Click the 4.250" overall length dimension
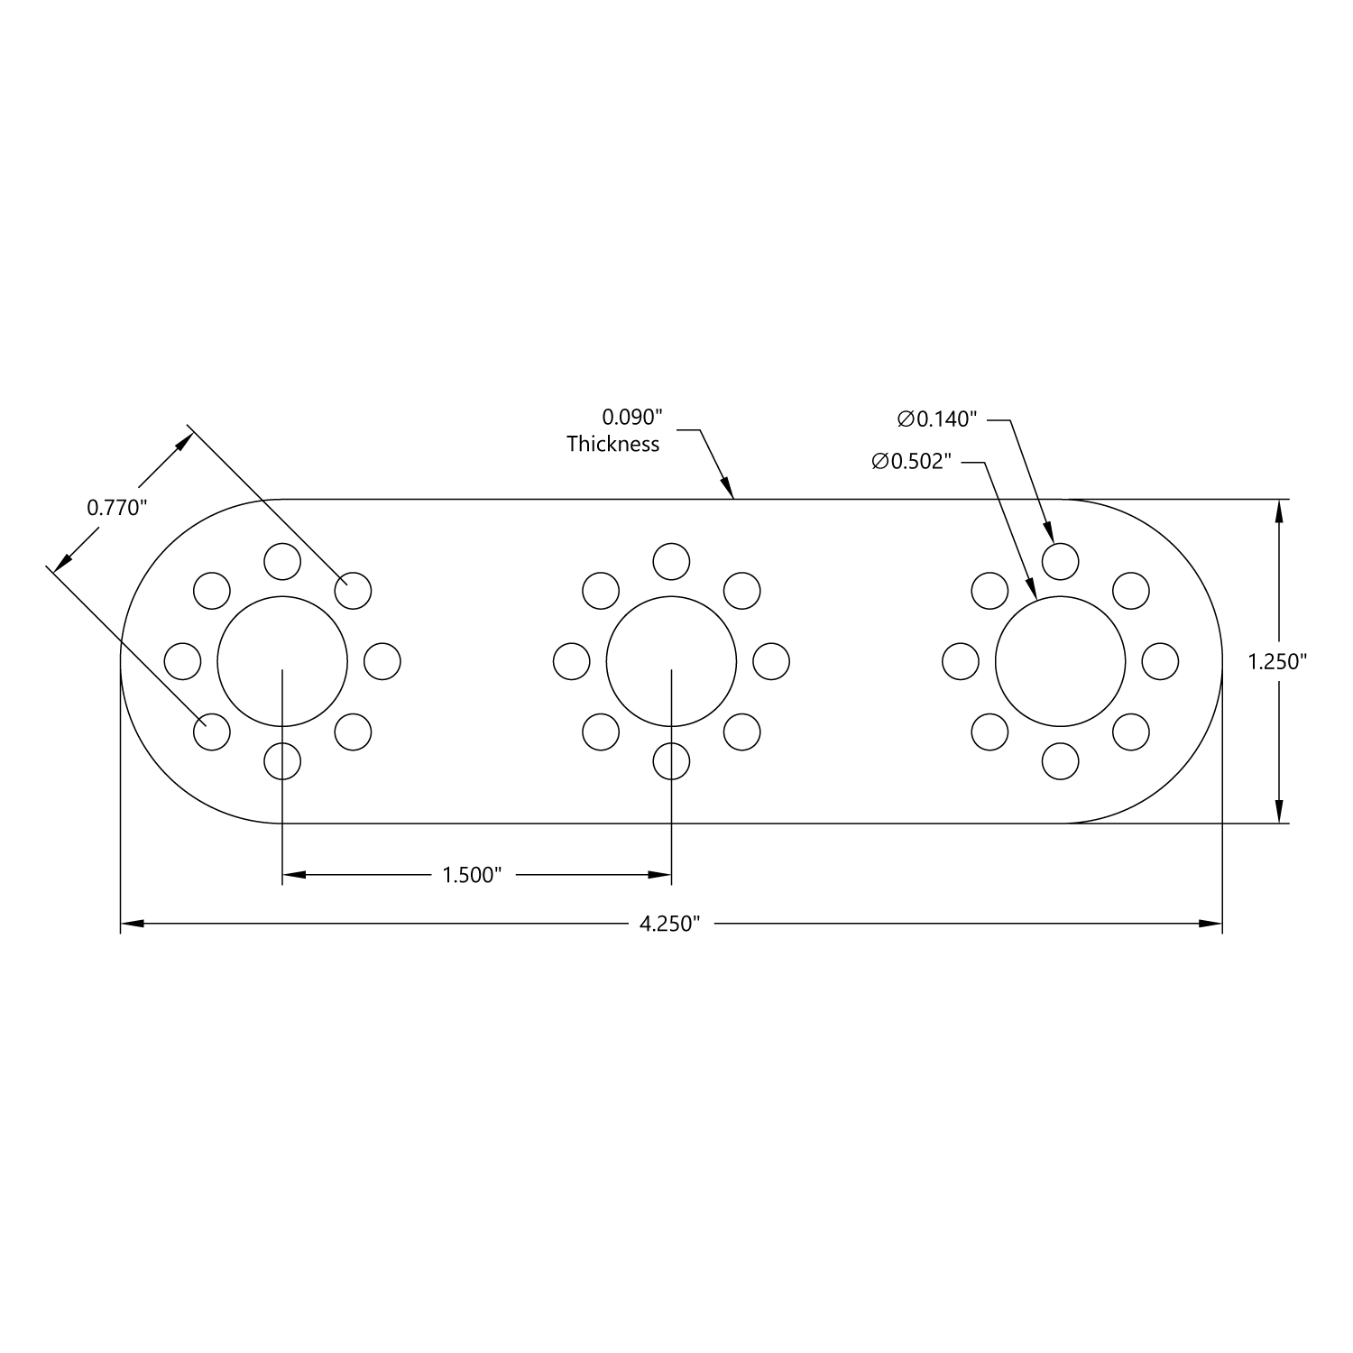pos(669,924)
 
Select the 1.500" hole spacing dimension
pos(471,875)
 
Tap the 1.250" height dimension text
pos(1277,662)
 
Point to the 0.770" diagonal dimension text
pos(116,508)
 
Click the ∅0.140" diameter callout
pos(937,419)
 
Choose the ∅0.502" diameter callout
pos(912,462)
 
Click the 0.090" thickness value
pos(632,418)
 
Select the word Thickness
pos(613,444)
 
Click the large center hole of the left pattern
pos(282,661)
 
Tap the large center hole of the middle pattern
pos(671,661)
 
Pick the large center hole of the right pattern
pos(1060,661)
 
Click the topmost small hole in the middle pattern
pos(671,561)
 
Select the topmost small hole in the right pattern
pos(1060,561)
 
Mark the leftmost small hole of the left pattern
pos(183,661)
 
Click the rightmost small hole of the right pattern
pos(1160,661)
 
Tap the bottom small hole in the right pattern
pos(1060,761)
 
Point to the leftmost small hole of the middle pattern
pos(571,661)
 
